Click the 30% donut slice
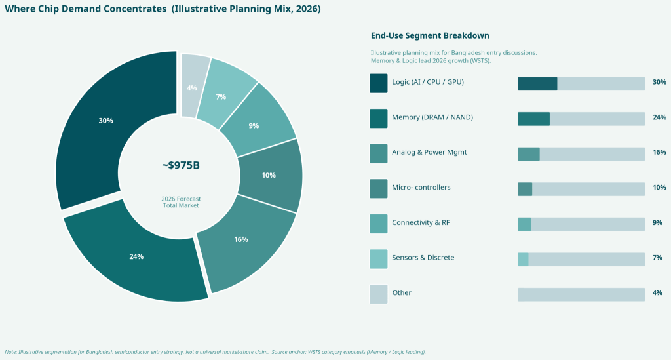click(x=105, y=121)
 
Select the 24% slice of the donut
click(x=136, y=256)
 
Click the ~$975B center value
click(x=181, y=165)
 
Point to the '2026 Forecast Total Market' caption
click(x=181, y=202)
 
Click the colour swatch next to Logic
click(x=379, y=83)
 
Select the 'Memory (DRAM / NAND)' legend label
click(x=432, y=117)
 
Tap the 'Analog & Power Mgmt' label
click(x=429, y=152)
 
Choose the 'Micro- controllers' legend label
click(x=421, y=188)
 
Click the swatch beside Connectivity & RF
click(x=379, y=223)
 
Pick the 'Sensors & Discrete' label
click(x=423, y=258)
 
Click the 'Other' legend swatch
click(x=379, y=293)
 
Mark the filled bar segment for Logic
click(x=537, y=83)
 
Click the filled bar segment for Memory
click(x=533, y=118)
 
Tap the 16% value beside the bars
click(x=659, y=152)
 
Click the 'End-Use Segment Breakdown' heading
click(x=430, y=35)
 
